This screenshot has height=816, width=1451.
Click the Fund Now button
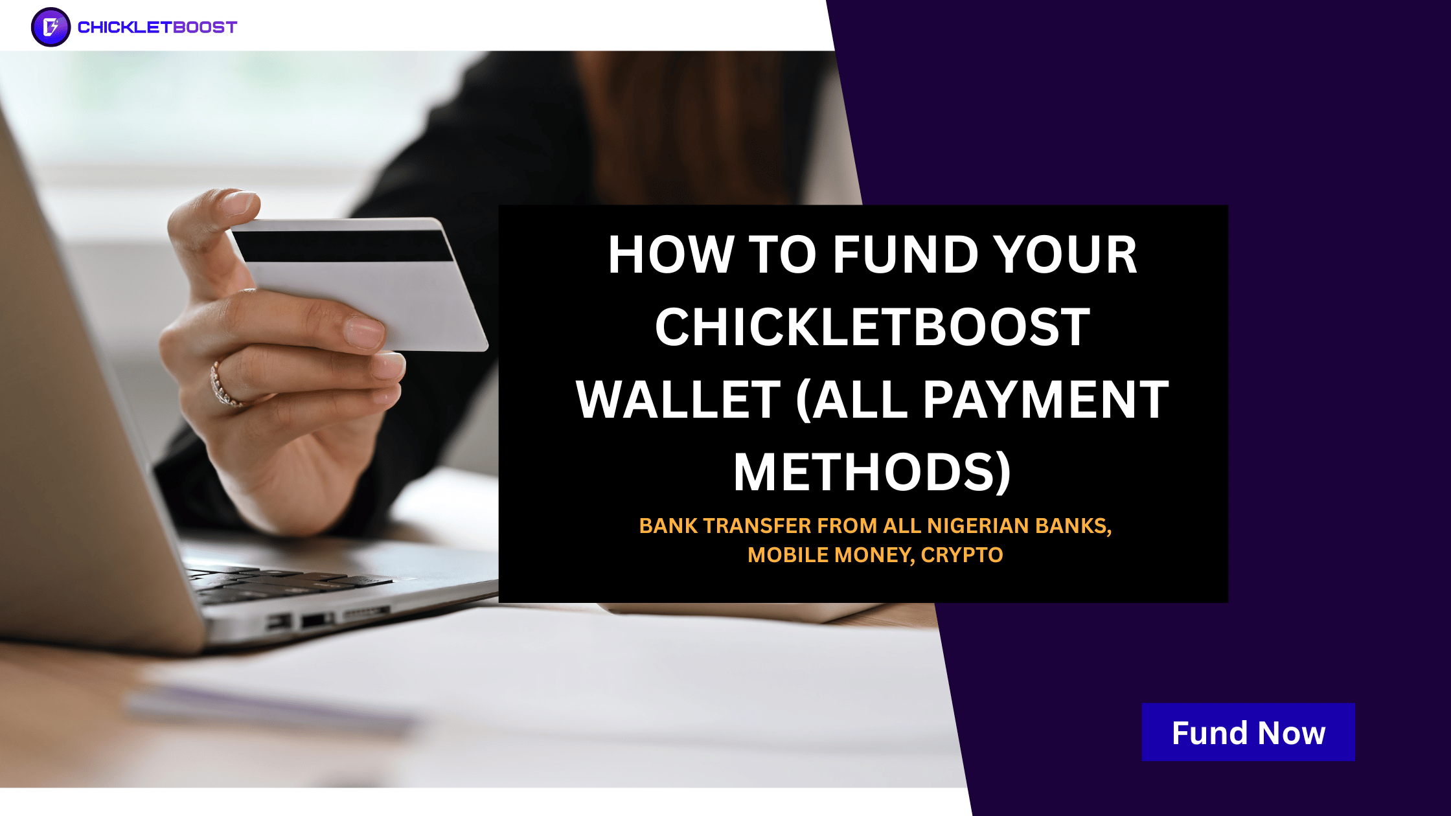pos(1248,732)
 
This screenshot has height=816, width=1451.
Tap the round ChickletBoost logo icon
pos(51,27)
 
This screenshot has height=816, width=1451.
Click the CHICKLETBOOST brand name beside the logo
pos(157,27)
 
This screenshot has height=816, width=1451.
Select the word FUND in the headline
pos(906,255)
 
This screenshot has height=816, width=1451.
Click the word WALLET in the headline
pos(678,400)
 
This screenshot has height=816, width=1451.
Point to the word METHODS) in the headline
pos(873,472)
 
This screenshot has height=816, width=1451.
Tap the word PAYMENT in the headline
pos(1045,400)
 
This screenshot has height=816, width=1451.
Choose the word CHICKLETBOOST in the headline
pos(873,327)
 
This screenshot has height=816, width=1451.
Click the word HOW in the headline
pos(671,255)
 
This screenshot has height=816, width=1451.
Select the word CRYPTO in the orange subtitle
pos(962,555)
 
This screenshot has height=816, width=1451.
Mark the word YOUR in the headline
pos(1066,255)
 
